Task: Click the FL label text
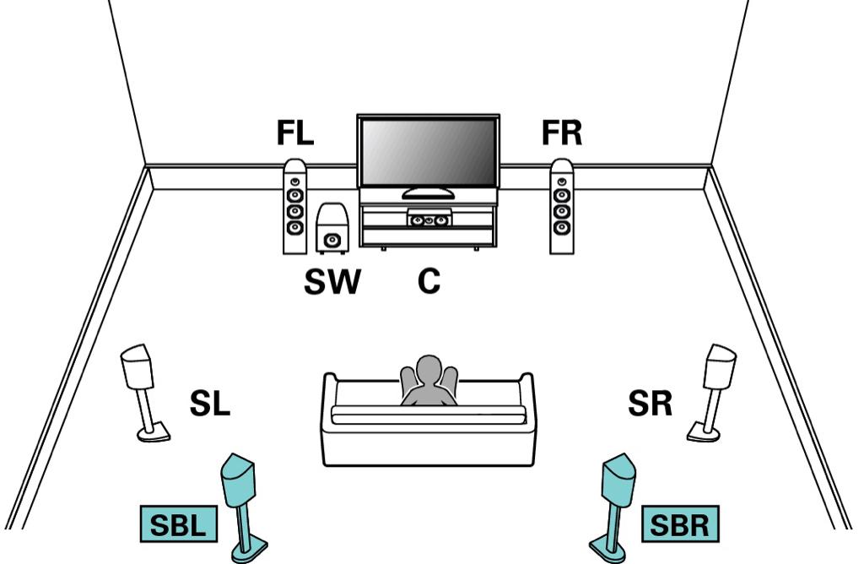(x=295, y=133)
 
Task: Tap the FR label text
(x=561, y=133)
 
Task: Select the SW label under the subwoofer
(x=332, y=282)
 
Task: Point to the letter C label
(x=429, y=282)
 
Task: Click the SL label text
(x=209, y=404)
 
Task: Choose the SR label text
(x=651, y=404)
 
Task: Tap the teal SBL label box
(x=179, y=523)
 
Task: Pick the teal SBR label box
(x=681, y=523)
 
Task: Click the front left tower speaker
(x=294, y=207)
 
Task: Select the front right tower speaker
(x=561, y=207)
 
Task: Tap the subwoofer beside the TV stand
(x=332, y=228)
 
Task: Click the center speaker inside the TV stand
(x=429, y=219)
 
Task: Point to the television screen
(x=429, y=152)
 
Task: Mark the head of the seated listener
(x=429, y=369)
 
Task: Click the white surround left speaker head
(x=137, y=366)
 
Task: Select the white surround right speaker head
(x=721, y=366)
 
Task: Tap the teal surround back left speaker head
(x=237, y=480)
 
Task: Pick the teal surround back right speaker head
(x=618, y=480)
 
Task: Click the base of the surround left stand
(x=154, y=433)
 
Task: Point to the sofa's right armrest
(x=526, y=396)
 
